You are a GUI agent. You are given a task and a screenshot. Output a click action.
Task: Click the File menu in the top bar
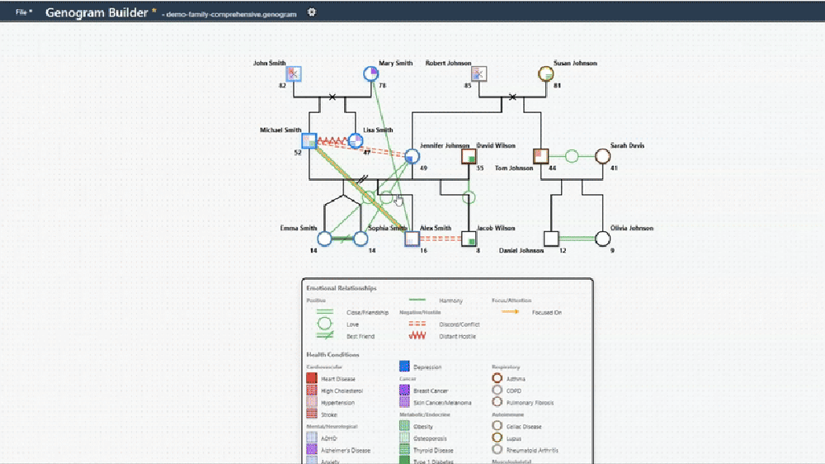tap(24, 12)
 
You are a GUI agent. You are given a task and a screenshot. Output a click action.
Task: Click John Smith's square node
tap(295, 73)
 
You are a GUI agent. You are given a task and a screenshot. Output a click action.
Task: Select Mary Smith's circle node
tap(371, 74)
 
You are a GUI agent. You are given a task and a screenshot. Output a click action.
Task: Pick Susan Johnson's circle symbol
tap(544, 73)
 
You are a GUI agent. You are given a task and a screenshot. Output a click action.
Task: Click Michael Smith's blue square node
tap(309, 140)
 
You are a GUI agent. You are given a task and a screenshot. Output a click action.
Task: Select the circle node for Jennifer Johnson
tap(412, 156)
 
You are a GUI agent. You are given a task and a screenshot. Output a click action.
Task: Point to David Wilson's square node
tap(469, 156)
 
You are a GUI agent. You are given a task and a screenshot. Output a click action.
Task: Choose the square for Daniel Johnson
tap(552, 239)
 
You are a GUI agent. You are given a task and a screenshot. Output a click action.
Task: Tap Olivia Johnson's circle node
tap(603, 239)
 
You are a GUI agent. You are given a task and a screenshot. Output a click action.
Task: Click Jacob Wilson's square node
tap(469, 239)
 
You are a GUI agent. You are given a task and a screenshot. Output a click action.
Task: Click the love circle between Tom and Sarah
tap(572, 155)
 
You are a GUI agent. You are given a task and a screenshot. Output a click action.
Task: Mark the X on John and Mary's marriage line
tap(332, 97)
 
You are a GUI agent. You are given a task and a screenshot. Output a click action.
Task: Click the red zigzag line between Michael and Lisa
tap(332, 140)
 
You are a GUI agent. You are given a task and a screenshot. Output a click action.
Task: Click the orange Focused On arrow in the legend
tap(511, 312)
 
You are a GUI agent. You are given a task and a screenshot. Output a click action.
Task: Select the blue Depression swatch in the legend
tap(405, 367)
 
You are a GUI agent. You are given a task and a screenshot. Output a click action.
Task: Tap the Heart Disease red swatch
tap(312, 378)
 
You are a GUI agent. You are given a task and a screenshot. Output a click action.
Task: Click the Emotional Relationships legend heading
tap(341, 288)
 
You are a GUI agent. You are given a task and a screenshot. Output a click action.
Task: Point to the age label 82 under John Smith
tap(282, 86)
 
